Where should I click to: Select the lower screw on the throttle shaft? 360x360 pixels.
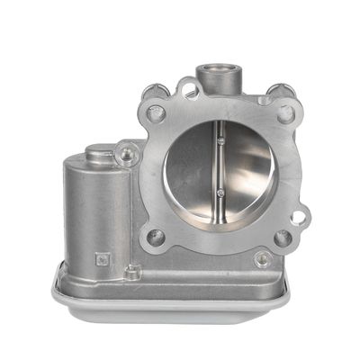219,192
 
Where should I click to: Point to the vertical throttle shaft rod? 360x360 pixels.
218,166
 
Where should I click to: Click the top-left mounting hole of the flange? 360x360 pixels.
156,113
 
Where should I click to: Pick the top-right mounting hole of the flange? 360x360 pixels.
285,113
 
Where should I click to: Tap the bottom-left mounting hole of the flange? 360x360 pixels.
157,239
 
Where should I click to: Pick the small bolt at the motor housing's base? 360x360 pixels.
132,271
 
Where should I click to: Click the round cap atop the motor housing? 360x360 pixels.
100,154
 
